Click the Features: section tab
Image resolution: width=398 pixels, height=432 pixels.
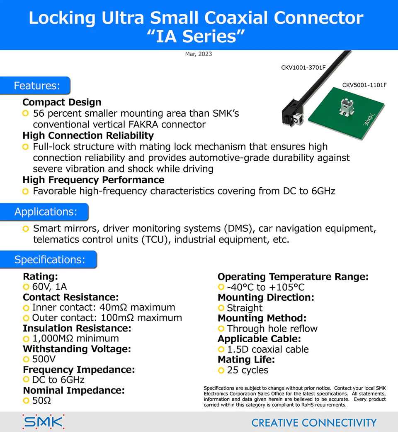[x=36, y=86]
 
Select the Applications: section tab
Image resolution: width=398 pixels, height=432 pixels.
[x=46, y=212]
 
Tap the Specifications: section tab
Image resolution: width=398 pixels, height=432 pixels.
[x=49, y=260]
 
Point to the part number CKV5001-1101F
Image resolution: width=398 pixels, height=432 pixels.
[x=364, y=85]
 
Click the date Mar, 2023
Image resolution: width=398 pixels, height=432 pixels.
[x=198, y=54]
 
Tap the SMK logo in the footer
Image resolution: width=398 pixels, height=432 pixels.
[x=44, y=422]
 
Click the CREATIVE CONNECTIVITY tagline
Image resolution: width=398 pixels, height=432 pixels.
[x=314, y=423]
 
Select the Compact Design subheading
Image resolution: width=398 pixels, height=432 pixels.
[x=62, y=102]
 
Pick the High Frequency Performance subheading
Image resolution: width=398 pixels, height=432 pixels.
[x=93, y=180]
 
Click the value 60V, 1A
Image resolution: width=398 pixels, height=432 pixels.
[x=49, y=287]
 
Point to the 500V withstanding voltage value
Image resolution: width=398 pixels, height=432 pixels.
[x=44, y=359]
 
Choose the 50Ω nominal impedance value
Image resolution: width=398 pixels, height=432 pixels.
[x=41, y=401]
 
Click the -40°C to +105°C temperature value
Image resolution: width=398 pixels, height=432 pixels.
[x=266, y=287]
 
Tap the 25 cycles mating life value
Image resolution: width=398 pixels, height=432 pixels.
[x=248, y=370]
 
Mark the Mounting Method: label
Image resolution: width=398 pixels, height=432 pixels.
[x=262, y=318]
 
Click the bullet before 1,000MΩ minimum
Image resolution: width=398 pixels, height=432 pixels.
[x=26, y=339]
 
